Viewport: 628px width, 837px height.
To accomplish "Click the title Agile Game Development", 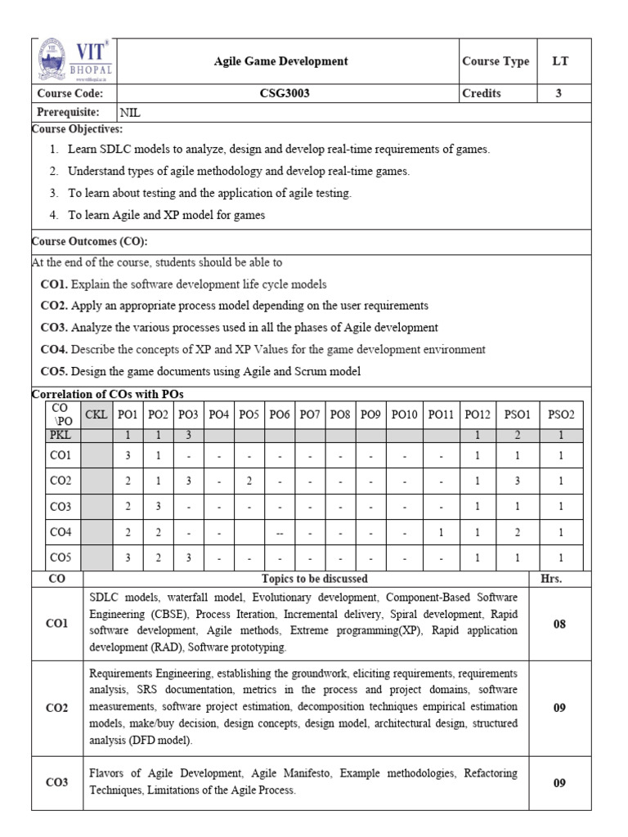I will click(280, 61).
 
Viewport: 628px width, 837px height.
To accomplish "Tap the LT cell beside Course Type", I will click(558, 61).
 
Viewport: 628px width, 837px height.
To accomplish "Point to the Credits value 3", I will click(558, 93).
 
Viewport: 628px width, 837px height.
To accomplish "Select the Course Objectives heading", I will click(77, 129).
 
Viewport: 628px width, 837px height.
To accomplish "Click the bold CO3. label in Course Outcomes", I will click(54, 327).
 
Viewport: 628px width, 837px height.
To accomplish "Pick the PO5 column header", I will click(249, 415).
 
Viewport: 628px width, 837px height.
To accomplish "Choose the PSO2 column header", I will click(561, 415).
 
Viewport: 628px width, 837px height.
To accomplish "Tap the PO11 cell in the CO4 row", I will click(441, 533).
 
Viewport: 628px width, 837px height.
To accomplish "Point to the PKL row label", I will click(61, 436).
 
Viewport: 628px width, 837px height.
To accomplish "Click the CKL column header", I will click(96, 415).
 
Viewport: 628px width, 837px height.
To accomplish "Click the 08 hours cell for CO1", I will click(558, 624).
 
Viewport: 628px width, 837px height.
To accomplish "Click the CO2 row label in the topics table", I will click(57, 707).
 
